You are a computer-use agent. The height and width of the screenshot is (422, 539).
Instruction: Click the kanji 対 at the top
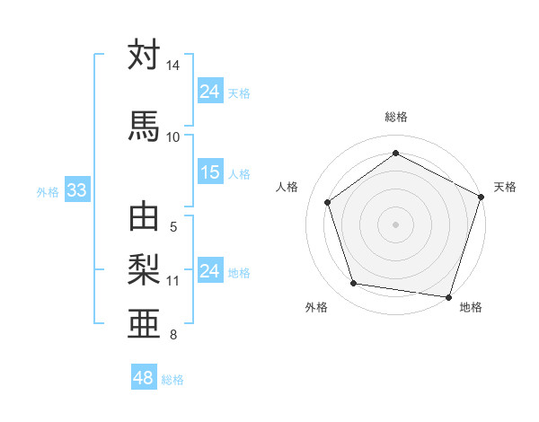coord(144,56)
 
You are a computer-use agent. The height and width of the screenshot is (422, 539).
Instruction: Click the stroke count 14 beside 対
coord(172,66)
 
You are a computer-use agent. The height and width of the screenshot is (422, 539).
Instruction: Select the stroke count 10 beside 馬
coord(172,136)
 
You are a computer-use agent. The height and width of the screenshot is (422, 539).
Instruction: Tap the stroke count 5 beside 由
coord(172,227)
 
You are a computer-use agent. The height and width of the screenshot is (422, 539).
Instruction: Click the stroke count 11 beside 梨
coord(172,281)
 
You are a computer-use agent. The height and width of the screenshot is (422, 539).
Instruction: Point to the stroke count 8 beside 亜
coord(172,336)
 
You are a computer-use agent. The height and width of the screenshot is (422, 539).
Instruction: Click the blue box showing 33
coord(75,190)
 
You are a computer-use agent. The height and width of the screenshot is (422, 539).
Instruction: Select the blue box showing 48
coord(144,378)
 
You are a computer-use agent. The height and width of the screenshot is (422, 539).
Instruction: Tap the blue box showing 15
coord(210,172)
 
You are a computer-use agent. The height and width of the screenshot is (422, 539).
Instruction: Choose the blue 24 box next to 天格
coord(210,92)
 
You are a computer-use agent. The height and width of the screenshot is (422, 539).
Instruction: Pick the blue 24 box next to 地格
coord(210,271)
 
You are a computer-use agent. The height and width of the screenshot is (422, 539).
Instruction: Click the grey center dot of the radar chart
coord(395,224)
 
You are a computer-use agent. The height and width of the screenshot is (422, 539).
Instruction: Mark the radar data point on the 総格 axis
coord(395,154)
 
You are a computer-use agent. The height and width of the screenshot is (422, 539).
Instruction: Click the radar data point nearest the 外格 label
coord(354,284)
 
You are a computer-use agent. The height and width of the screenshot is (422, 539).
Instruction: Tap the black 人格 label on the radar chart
coord(288,187)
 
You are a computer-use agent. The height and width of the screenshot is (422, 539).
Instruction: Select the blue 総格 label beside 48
coord(172,380)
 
